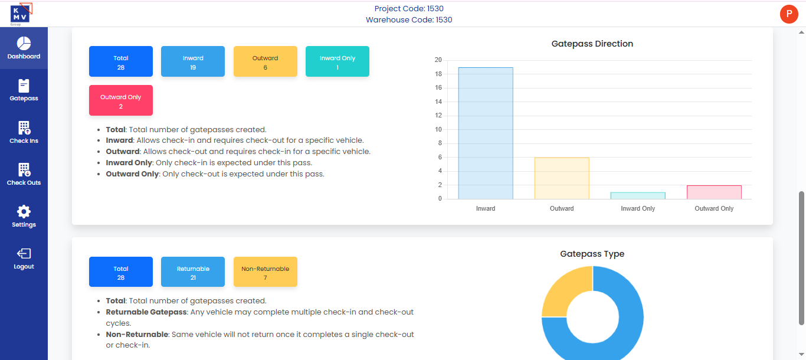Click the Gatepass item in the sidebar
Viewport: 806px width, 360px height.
[x=24, y=91]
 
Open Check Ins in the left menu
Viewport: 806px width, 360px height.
[x=24, y=133]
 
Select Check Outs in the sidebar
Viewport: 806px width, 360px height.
[x=24, y=175]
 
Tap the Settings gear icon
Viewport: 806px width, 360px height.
[x=24, y=212]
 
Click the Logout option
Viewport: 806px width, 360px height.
[x=24, y=258]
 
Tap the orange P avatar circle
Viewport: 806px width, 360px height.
[x=789, y=14]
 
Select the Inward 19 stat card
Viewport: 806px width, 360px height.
[x=193, y=61]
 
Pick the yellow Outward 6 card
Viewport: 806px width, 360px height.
[x=265, y=61]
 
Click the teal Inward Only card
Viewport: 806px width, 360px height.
[x=338, y=61]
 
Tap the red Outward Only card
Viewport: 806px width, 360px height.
[x=121, y=100]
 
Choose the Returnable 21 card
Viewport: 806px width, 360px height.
[x=193, y=272]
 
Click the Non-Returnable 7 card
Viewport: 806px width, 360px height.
[x=265, y=272]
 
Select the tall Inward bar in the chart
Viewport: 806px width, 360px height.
[x=486, y=133]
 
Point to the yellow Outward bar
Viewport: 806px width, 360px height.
[x=562, y=178]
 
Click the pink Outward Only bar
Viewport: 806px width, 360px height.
[x=714, y=192]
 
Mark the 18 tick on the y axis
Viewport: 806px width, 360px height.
[x=438, y=74]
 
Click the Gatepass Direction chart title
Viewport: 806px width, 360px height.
[x=592, y=44]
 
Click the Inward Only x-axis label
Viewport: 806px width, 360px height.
[x=638, y=208]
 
